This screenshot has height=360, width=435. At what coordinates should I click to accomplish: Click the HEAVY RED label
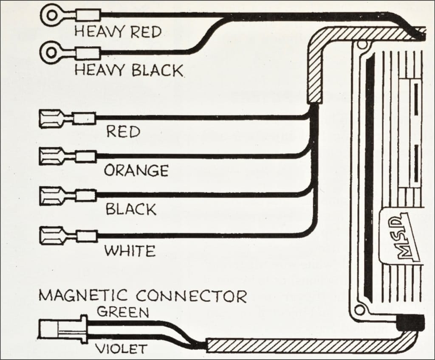118,32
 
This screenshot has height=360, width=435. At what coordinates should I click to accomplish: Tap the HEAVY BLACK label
128,70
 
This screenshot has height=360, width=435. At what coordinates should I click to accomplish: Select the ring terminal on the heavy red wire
52,16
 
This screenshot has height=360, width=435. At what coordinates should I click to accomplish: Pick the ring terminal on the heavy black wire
52,53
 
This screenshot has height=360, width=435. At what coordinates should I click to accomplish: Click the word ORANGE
136,171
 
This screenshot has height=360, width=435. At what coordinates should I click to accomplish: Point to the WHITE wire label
130,251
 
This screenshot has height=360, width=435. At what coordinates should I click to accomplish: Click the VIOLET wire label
121,349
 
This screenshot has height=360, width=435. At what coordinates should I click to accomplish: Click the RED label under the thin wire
123,132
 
